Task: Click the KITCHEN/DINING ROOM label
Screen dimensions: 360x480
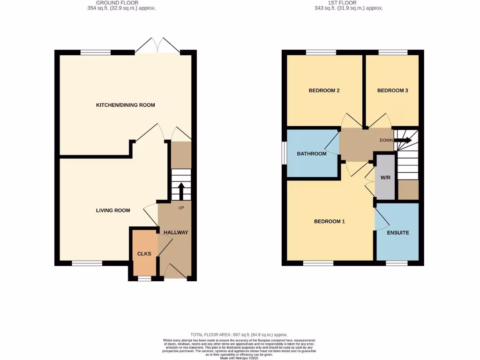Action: click(x=125, y=105)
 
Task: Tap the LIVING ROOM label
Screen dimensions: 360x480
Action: click(x=113, y=210)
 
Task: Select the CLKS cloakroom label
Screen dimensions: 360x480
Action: click(x=144, y=254)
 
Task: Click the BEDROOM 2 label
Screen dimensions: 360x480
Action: click(x=324, y=90)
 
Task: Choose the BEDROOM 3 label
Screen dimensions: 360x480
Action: click(x=392, y=90)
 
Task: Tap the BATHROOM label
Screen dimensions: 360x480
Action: click(x=311, y=154)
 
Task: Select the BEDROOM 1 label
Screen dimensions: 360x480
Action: click(x=329, y=221)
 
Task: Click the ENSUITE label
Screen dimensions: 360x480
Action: click(x=397, y=232)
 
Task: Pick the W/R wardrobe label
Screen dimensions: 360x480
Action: click(x=385, y=178)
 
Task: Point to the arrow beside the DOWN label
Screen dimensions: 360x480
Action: click(x=405, y=140)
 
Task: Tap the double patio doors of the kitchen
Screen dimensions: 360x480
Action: click(x=158, y=46)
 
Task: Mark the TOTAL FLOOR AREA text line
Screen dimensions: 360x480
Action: click(x=239, y=335)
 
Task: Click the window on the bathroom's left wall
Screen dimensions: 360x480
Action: click(x=284, y=153)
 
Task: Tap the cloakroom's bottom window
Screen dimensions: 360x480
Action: click(x=145, y=278)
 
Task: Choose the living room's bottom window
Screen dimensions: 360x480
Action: click(x=87, y=263)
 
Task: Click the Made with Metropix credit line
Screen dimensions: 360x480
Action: click(x=239, y=358)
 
